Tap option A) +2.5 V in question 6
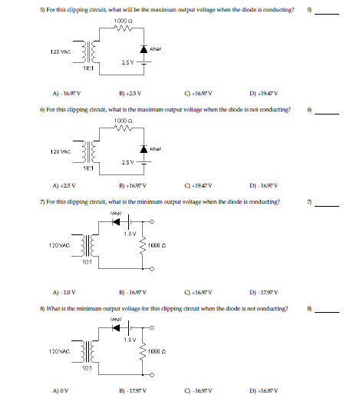(64, 185)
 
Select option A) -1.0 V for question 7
(64, 291)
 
